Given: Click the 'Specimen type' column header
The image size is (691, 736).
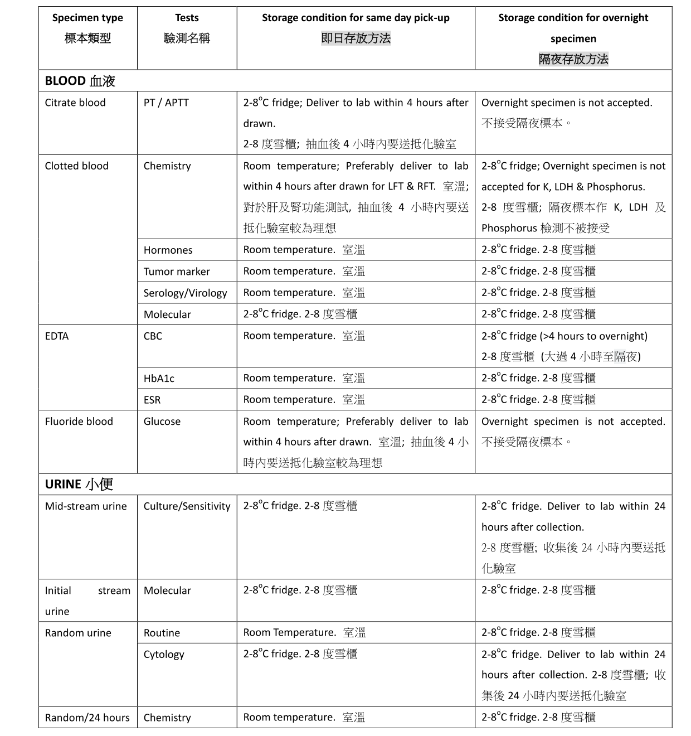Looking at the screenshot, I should tap(87, 18).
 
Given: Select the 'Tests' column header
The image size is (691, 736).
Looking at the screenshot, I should tap(187, 18).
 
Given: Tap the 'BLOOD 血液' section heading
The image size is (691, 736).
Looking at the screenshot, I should tap(80, 81).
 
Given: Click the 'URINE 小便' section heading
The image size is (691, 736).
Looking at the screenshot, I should tap(79, 484).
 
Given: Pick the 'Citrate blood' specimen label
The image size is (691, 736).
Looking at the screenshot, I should tap(75, 103).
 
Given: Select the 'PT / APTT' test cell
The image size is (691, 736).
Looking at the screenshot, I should tap(166, 103).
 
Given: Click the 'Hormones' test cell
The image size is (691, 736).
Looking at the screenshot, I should tap(168, 250).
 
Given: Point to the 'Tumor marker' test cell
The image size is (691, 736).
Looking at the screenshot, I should tap(177, 272).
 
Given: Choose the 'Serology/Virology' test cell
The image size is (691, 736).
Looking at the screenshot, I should tap(185, 293).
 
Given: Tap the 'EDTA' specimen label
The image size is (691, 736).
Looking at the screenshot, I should tap(57, 336).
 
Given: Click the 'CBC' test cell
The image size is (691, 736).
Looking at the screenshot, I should tap(153, 336).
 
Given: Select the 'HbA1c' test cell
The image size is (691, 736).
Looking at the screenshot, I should tap(159, 379).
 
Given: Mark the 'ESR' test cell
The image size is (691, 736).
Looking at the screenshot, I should tap(152, 400).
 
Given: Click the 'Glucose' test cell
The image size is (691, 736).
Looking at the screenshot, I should tap(162, 422).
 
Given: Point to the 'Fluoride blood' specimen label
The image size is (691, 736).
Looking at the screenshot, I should tap(79, 422).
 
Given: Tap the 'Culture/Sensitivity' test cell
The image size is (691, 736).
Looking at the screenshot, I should tap(187, 506).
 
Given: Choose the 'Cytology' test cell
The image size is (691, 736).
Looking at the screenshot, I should tap(164, 655).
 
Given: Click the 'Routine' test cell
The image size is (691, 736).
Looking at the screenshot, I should tap(162, 633).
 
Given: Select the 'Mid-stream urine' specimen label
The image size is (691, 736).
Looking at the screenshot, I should tap(86, 506).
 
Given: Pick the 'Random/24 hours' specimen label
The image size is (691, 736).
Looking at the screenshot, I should tap(87, 718).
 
